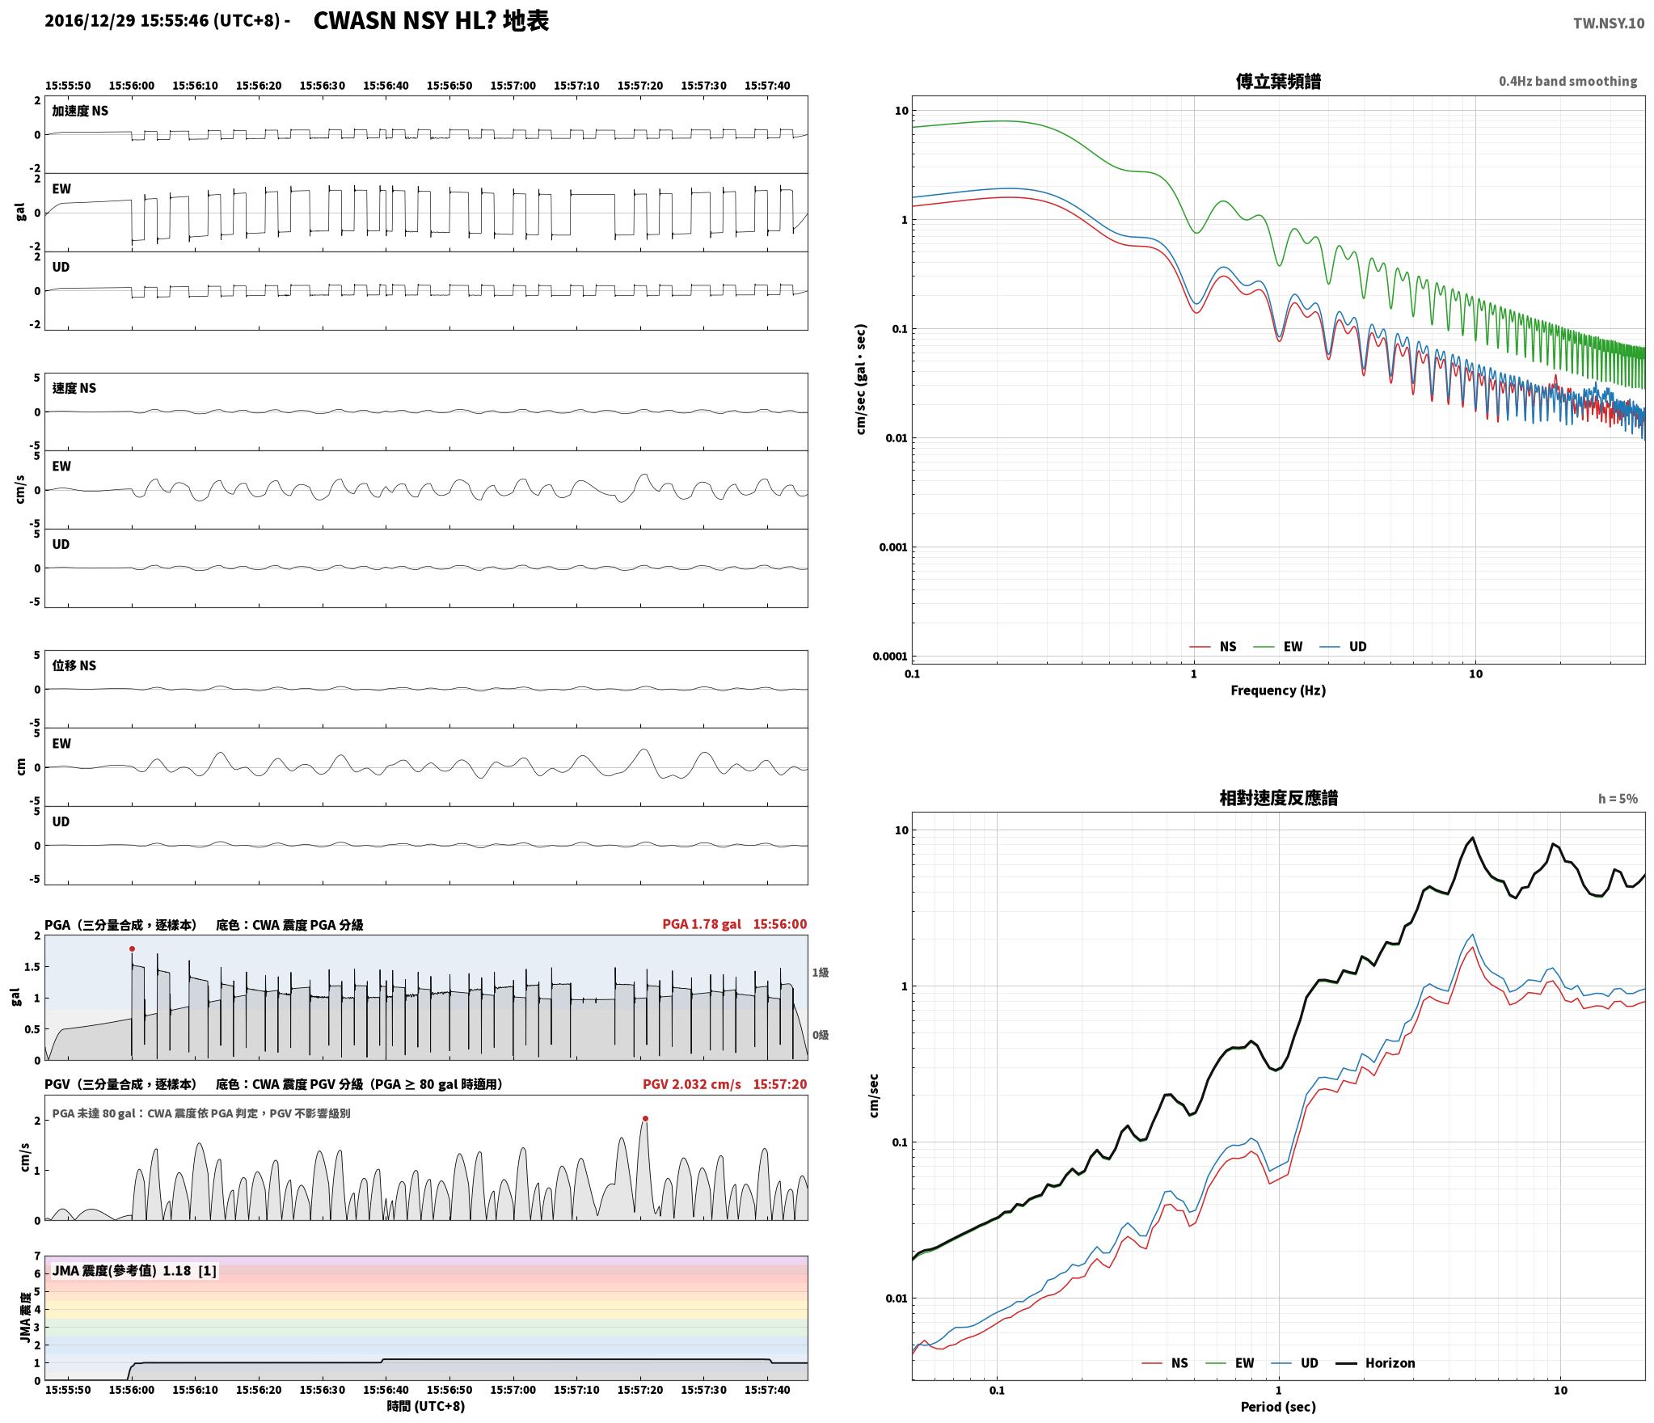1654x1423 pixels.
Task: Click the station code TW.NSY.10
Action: [x=1608, y=23]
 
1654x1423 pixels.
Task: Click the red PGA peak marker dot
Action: [x=132, y=949]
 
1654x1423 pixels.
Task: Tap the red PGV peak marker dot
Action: [x=645, y=1119]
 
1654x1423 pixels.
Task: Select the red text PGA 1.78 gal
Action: [x=701, y=924]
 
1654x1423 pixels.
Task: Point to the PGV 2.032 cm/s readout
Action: [x=691, y=1084]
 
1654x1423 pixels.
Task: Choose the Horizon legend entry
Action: [x=1375, y=1363]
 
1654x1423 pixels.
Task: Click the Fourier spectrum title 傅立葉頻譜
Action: [x=1278, y=81]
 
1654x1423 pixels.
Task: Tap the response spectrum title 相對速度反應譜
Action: [x=1278, y=798]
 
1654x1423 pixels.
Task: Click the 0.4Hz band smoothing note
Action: [x=1568, y=82]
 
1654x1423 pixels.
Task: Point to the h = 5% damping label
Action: [x=1618, y=799]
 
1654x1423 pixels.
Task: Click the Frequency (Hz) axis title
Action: [x=1278, y=690]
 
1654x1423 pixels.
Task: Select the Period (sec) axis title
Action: [x=1278, y=1407]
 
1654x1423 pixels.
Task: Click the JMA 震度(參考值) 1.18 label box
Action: [x=134, y=1271]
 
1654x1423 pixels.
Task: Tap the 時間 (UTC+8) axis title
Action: [x=426, y=1406]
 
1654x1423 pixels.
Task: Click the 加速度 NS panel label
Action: [x=80, y=111]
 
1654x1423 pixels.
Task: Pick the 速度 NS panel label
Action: [x=74, y=388]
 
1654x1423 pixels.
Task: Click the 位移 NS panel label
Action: [x=74, y=665]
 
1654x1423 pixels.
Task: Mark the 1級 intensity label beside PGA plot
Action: [x=820, y=973]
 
